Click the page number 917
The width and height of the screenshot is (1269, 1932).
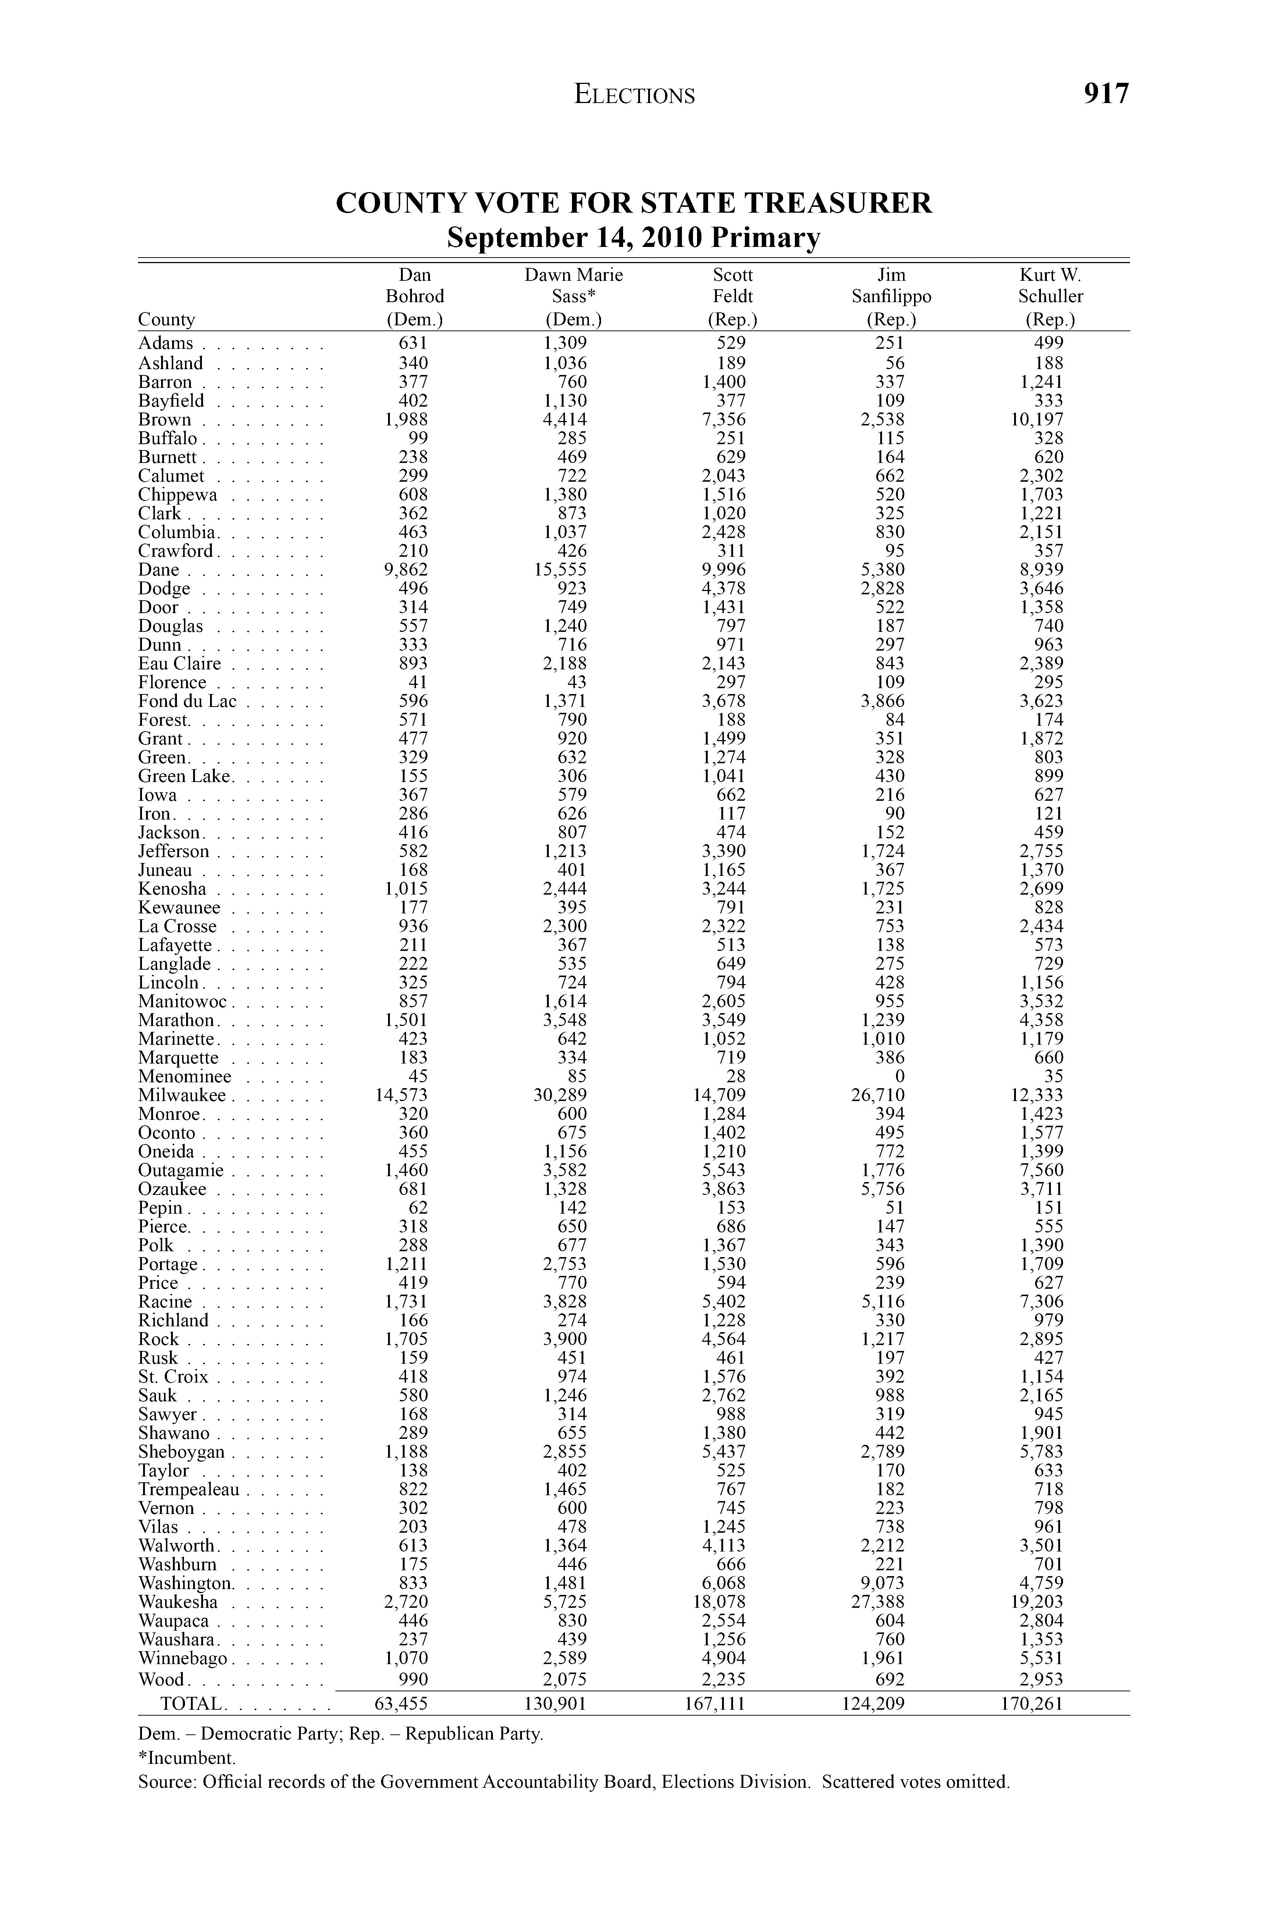click(1105, 94)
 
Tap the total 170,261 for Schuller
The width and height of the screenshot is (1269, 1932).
click(1030, 1703)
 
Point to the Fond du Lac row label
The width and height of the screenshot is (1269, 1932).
click(188, 701)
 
